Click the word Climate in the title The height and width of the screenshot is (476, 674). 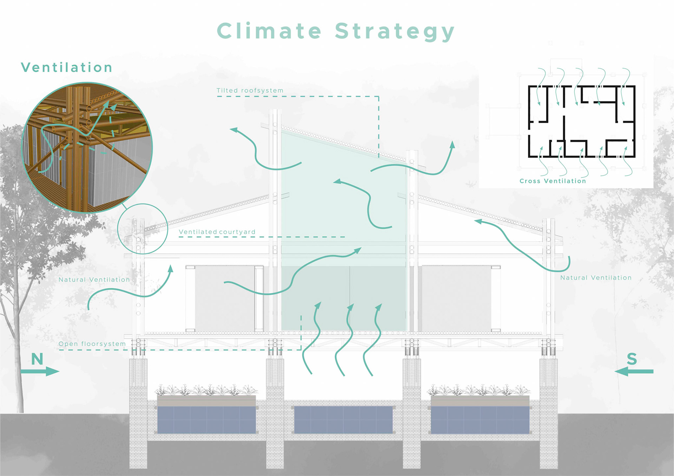click(x=269, y=31)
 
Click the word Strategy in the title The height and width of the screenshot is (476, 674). click(x=395, y=32)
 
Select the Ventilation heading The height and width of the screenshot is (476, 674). click(x=67, y=67)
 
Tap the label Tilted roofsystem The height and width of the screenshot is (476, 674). click(x=250, y=90)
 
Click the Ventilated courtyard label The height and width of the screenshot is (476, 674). click(x=217, y=232)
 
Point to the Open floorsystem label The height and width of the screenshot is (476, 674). click(x=92, y=344)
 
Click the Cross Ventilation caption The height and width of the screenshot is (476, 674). click(x=553, y=181)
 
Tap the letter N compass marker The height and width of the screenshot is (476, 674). click(x=37, y=359)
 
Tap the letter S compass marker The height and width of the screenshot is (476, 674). click(x=632, y=359)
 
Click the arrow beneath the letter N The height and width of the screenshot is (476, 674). click(x=40, y=371)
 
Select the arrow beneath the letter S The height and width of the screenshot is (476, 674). click(x=634, y=371)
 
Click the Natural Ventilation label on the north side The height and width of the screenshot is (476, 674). click(x=94, y=280)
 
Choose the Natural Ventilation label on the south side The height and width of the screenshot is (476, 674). click(x=596, y=277)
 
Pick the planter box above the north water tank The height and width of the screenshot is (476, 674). click(x=206, y=400)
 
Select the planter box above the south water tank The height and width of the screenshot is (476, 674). click(x=480, y=400)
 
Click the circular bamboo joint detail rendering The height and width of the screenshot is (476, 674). click(x=87, y=147)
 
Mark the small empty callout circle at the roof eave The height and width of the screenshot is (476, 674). click(x=143, y=229)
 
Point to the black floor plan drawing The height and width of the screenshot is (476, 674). click(x=582, y=121)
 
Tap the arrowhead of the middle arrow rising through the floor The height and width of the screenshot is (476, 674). click(x=350, y=308)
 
